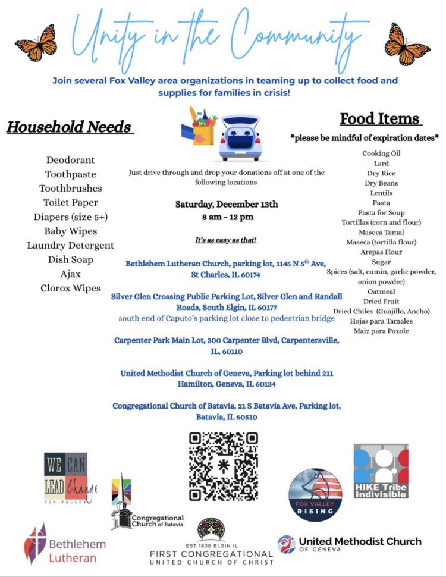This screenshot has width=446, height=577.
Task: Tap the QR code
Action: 224,466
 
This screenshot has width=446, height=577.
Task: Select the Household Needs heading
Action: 69,127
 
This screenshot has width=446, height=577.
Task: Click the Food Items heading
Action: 380,118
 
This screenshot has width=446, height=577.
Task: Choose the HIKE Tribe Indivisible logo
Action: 381,471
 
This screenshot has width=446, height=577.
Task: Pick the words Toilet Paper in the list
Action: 71,203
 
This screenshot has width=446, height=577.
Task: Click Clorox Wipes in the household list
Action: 71,288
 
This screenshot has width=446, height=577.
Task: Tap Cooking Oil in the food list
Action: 381,153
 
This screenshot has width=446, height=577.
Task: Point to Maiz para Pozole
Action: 381,331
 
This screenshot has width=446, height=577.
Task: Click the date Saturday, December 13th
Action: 227,204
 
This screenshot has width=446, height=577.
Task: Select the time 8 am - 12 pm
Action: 227,217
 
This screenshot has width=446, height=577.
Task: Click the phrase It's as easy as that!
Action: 225,240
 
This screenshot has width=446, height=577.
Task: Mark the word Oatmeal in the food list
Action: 381,291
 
